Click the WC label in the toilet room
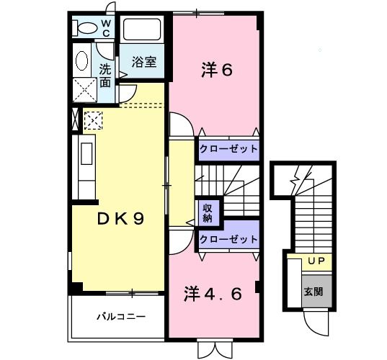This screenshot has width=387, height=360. tap(105, 28)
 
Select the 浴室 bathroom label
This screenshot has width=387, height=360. tap(143, 63)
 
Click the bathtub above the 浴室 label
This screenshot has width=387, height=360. tap(144, 31)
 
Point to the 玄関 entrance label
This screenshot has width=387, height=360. tap(313, 292)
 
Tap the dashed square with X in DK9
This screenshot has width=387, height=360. tap(93, 120)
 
